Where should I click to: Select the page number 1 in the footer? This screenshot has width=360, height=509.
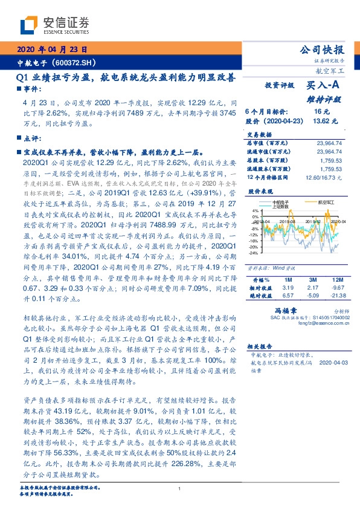coord(179,488)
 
